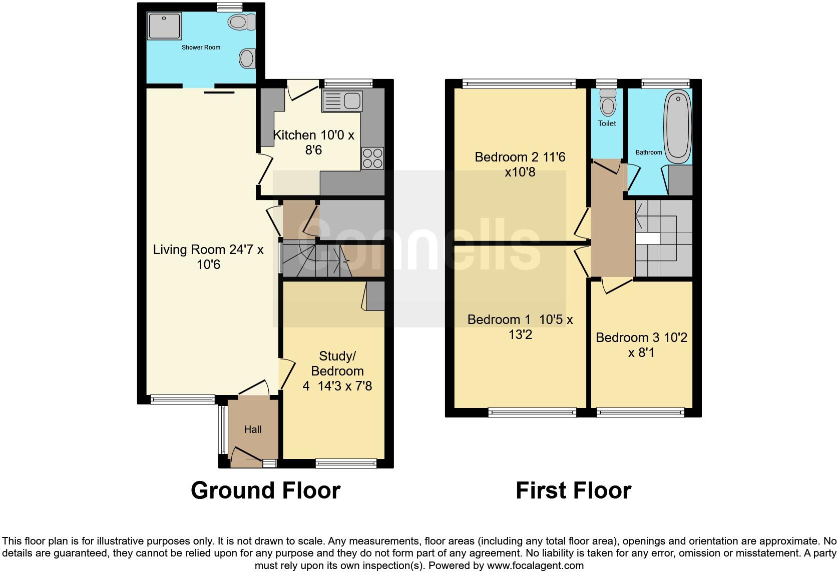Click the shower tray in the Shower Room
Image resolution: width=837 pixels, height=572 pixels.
(165, 25)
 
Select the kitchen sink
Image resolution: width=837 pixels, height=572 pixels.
(343, 101)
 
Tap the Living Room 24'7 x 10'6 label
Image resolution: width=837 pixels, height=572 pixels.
(208, 256)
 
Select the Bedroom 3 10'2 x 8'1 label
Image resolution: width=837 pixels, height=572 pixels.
(641, 345)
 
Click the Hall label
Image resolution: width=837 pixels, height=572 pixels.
(253, 429)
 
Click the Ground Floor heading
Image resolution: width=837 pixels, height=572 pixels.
(265, 490)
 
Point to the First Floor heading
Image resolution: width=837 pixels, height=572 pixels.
(573, 490)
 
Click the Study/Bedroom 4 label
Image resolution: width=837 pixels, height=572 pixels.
(337, 370)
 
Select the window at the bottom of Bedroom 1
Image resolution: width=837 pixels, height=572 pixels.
(532, 412)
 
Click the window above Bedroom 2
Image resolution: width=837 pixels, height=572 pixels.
(519, 83)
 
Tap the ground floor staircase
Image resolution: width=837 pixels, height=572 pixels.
(320, 260)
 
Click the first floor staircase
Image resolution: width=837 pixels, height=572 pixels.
(663, 238)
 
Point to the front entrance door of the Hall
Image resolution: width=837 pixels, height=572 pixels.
(246, 455)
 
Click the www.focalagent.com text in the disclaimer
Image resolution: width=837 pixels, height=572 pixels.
(535, 566)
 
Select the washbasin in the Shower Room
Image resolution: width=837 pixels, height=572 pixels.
(247, 58)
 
